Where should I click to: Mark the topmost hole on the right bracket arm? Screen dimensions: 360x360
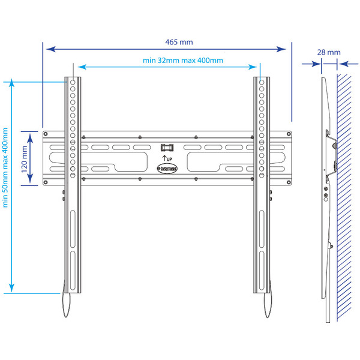(261, 82)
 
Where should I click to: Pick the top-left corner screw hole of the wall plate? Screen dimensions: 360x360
(86, 136)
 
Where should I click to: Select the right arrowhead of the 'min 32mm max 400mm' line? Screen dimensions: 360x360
(259, 67)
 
